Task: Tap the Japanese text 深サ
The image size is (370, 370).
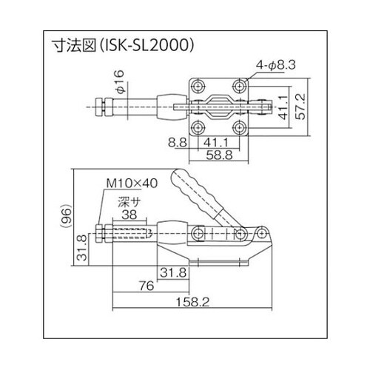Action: (x=129, y=200)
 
